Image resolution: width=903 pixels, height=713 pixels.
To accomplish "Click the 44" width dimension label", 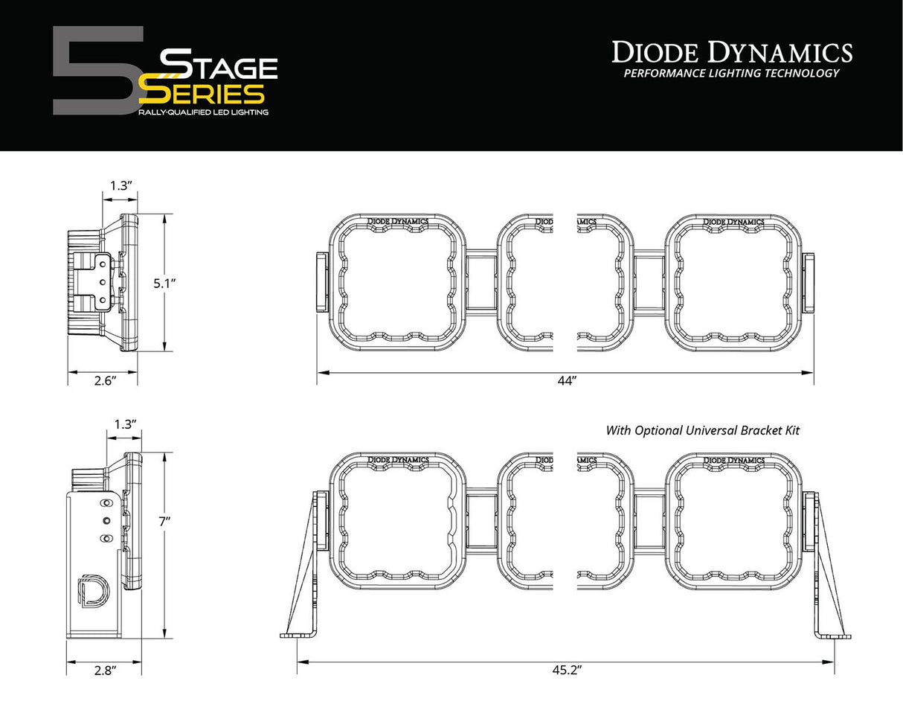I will click(567, 381).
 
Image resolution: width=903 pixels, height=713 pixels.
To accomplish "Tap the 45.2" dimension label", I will click(567, 670).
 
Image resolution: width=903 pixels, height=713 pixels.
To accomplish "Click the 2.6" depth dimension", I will click(106, 380).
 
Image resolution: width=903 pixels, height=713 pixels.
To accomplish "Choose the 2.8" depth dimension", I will click(106, 671).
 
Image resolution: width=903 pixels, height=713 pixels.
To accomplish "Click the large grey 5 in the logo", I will click(93, 71).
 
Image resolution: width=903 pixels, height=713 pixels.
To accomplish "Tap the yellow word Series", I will click(202, 94).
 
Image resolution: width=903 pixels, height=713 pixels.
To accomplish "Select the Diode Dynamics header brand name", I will click(731, 52).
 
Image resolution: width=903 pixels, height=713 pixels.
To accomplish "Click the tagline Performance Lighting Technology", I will click(731, 73).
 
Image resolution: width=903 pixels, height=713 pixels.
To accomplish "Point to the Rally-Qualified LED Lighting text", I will click(203, 112).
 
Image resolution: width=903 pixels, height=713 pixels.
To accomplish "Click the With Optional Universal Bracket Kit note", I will click(702, 430).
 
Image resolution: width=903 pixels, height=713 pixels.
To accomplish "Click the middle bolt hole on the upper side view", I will click(102, 282).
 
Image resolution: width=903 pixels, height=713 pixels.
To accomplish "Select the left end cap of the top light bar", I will click(321, 282).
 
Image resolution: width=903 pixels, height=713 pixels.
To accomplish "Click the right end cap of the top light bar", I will click(809, 282).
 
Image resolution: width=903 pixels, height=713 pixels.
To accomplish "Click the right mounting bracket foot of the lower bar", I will click(835, 635).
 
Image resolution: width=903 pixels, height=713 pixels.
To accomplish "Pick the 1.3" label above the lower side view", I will click(124, 425).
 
